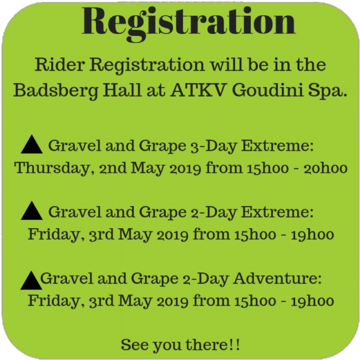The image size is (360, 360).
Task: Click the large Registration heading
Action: (x=189, y=23)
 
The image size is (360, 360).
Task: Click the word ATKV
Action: (x=198, y=90)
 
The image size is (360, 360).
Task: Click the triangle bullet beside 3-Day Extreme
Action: (x=32, y=144)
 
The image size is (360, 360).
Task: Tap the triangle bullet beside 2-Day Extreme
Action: (x=32, y=211)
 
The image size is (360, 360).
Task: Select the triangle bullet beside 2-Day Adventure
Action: (x=32, y=281)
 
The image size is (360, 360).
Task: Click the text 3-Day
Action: (x=214, y=146)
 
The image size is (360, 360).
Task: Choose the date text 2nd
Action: (x=113, y=168)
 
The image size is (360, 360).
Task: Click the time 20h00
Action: (x=325, y=168)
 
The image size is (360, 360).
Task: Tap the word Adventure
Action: (x=277, y=279)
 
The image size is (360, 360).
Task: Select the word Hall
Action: (x=122, y=90)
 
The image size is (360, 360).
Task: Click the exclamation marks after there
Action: (x=235, y=345)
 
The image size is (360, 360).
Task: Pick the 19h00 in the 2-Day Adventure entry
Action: (x=313, y=301)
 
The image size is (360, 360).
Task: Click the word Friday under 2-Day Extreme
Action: (x=54, y=235)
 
